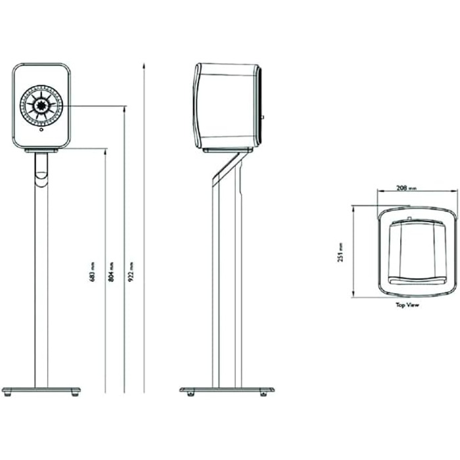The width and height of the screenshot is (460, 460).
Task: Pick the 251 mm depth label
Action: tap(341, 253)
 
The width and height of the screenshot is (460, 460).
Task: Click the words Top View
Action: tap(407, 305)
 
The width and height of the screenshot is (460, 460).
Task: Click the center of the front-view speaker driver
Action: tap(41, 105)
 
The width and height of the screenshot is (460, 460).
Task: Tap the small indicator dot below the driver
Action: tap(41, 130)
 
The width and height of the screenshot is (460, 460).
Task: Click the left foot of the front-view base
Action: tap(7, 395)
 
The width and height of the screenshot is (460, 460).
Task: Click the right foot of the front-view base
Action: tap(75, 395)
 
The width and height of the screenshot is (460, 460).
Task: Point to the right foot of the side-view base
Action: tap(264, 394)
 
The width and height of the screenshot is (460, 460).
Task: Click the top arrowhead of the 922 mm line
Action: tap(144, 65)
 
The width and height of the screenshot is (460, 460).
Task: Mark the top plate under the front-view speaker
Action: tap(41, 150)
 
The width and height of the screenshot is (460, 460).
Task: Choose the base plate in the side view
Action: tap(227, 390)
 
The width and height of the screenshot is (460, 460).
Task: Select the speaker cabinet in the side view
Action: tap(227, 105)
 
